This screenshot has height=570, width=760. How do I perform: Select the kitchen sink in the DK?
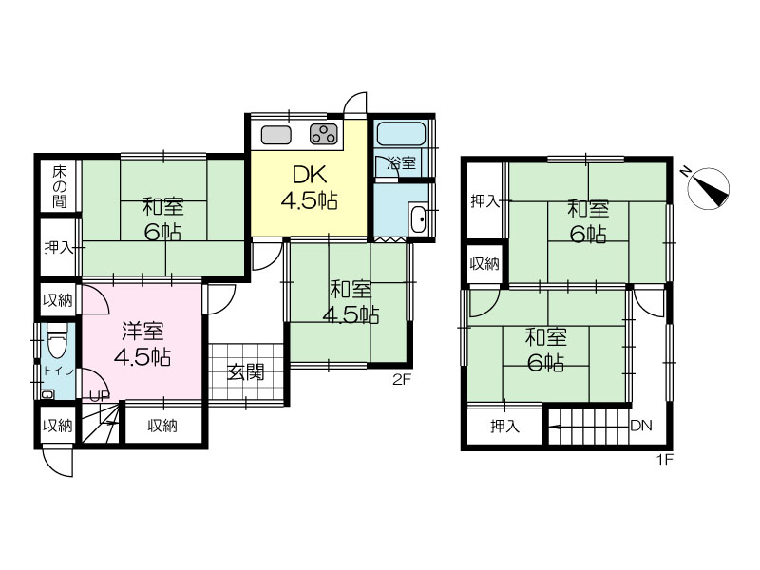pyautogui.click(x=275, y=135)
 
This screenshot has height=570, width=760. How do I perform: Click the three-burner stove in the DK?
pyautogui.click(x=324, y=134)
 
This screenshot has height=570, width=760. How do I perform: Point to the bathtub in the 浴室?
pyautogui.click(x=401, y=133)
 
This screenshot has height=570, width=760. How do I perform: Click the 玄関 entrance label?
pyautogui.click(x=246, y=372)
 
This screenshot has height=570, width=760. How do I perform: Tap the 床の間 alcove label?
pyautogui.click(x=60, y=186)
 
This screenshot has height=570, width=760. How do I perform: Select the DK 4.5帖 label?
pyautogui.click(x=310, y=187)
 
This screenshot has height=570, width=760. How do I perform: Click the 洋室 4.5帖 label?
pyautogui.click(x=142, y=344)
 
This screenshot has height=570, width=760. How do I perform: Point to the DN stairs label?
pyautogui.click(x=641, y=426)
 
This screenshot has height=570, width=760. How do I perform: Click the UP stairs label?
pyautogui.click(x=101, y=396)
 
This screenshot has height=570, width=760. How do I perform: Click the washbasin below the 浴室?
pyautogui.click(x=417, y=219)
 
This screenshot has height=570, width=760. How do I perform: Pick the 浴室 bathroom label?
pyautogui.click(x=401, y=163)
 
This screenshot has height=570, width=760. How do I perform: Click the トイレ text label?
pyautogui.click(x=58, y=371)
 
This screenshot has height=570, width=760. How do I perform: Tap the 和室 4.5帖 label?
pyautogui.click(x=351, y=302)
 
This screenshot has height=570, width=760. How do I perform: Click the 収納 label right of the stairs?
pyautogui.click(x=162, y=426)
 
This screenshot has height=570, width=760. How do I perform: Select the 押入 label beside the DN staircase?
pyautogui.click(x=504, y=426)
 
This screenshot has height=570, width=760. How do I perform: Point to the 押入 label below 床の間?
pyautogui.click(x=59, y=248)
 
